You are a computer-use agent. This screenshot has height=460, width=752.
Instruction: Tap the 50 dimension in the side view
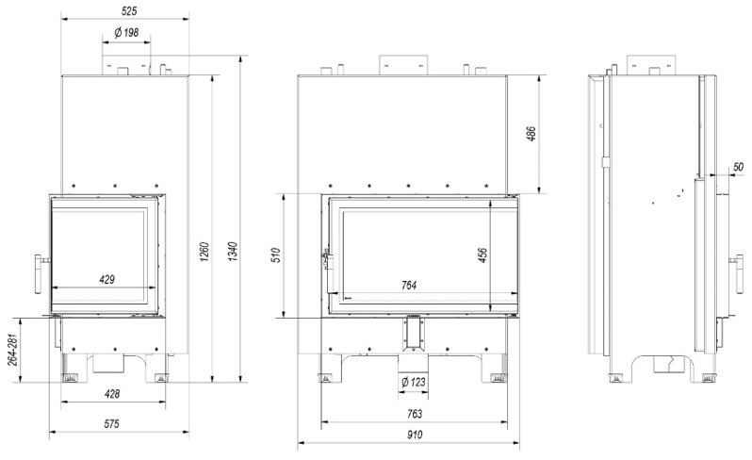[x=738, y=168]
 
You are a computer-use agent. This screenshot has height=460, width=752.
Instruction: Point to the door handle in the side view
[x=734, y=260]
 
